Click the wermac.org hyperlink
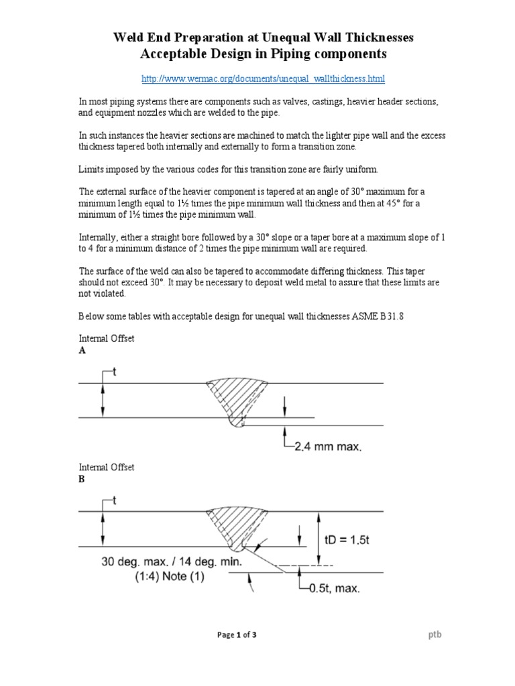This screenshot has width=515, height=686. point(263,79)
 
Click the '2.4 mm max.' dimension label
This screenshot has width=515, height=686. point(328,447)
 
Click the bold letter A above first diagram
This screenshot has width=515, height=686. point(82,350)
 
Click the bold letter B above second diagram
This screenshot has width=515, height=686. point(82,479)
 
